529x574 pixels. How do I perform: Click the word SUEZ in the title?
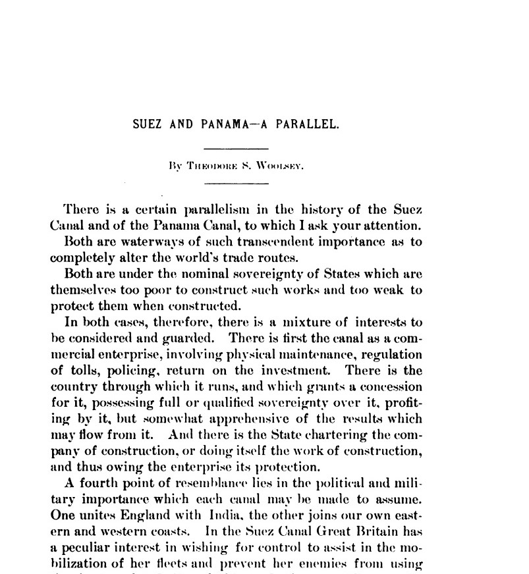148,124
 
